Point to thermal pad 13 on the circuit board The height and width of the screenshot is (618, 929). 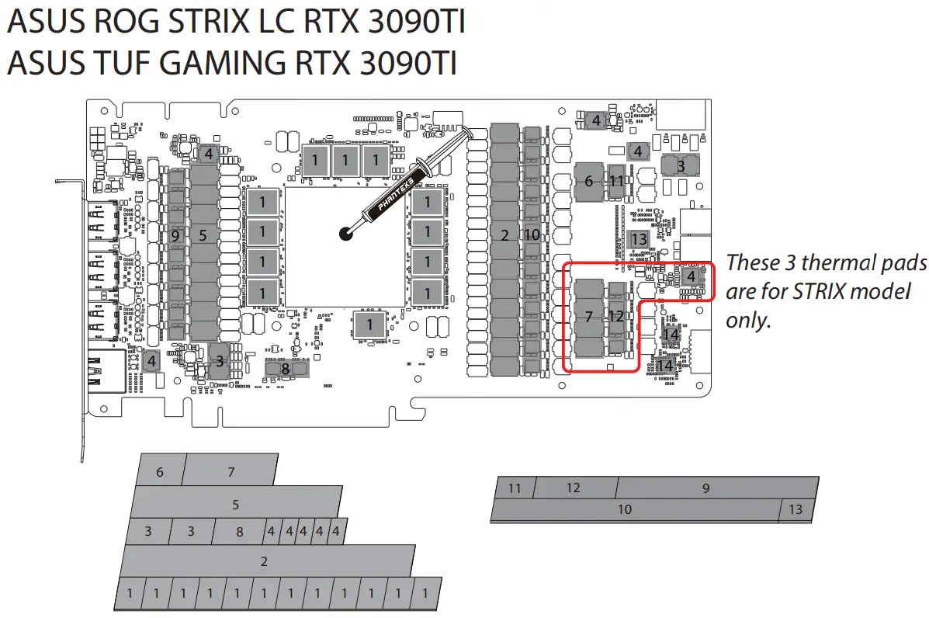click(x=638, y=240)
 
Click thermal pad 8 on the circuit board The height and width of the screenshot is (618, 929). click(x=286, y=369)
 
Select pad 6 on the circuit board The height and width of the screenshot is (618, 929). click(x=588, y=181)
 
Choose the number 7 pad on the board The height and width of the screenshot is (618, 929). click(x=588, y=317)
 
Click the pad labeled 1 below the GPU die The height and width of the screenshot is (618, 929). click(x=369, y=325)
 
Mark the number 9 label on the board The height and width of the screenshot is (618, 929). click(x=175, y=235)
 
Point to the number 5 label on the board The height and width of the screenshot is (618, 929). click(x=203, y=235)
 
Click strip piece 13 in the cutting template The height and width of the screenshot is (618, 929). click(x=796, y=510)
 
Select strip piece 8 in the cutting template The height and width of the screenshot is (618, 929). click(x=240, y=532)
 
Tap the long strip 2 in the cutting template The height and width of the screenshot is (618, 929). click(x=264, y=561)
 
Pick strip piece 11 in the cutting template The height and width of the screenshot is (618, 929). click(x=515, y=488)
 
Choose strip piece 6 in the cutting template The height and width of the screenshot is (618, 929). click(x=161, y=471)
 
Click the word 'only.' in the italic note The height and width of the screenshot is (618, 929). click(x=749, y=321)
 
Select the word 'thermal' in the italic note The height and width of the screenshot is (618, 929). click(x=824, y=263)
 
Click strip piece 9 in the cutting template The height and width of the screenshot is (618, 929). click(x=705, y=488)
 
